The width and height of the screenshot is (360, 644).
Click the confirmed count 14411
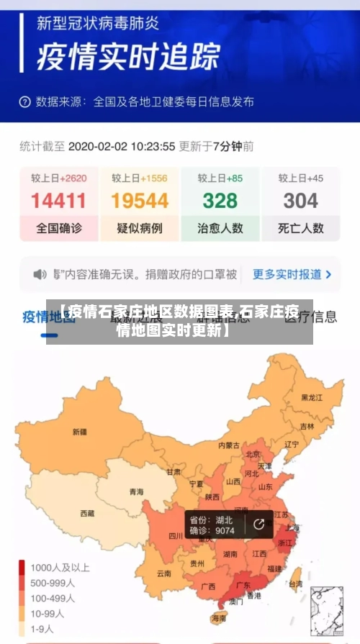click(x=59, y=201)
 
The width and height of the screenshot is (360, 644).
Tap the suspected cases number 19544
click(x=140, y=201)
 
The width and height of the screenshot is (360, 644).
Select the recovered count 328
click(x=220, y=201)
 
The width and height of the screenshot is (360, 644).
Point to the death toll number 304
click(x=300, y=201)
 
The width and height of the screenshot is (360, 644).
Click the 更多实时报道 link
click(x=292, y=274)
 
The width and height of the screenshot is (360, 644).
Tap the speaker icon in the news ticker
click(x=40, y=274)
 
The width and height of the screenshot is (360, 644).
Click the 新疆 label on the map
click(x=79, y=432)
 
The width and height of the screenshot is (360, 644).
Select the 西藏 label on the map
click(x=87, y=514)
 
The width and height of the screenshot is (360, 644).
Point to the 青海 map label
click(x=136, y=492)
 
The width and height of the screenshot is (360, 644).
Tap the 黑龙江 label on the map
click(x=312, y=397)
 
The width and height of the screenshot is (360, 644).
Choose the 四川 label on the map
click(x=176, y=535)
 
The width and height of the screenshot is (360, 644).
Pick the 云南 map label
click(x=164, y=573)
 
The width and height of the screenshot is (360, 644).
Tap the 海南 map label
click(x=219, y=618)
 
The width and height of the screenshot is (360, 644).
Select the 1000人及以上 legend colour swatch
click(x=22, y=566)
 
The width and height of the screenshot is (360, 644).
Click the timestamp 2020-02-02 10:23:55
click(x=122, y=146)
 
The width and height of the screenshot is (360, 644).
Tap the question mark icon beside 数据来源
click(x=25, y=101)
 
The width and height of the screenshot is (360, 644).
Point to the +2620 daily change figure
click(x=73, y=178)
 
